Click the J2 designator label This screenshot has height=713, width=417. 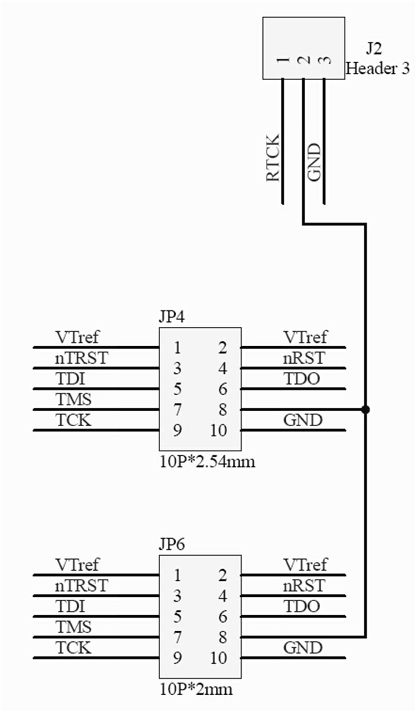coord(374,49)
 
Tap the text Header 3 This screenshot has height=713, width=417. coord(378,68)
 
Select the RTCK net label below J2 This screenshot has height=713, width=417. coord(274,158)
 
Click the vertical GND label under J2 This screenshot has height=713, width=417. coord(314,162)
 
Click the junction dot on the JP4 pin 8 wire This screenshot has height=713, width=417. coord(365,410)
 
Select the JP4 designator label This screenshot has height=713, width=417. coord(171,318)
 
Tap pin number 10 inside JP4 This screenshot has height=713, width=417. coord(220,431)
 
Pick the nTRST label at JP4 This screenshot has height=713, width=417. coord(81,358)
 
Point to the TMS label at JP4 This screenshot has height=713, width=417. coord(73,399)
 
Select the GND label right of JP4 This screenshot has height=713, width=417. coord(302,420)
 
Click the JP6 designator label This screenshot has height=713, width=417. coord(171,545)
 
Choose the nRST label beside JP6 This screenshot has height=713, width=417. coord(303,585)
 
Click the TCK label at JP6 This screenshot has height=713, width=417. coord(73,647)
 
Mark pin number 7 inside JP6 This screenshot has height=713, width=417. coord(177,637)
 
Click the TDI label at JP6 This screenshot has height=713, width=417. coord(70,606)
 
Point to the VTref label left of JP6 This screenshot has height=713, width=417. coord(77,565)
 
